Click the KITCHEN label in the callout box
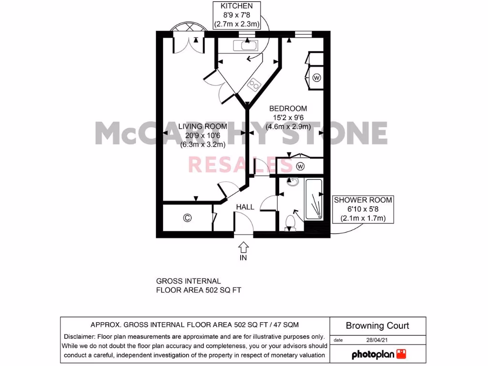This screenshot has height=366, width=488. pos(237,6)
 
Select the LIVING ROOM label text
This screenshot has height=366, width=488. pos(203,126)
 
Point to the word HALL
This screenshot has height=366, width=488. pos(245,207)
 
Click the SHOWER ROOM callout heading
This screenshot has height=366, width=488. pos(363,200)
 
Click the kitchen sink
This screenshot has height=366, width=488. pos(245,46)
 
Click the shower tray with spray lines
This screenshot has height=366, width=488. pos(314,200)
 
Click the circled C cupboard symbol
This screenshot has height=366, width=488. pos(187,218)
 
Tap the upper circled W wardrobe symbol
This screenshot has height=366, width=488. pos(317,77)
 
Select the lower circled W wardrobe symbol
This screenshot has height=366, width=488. pos(300,166)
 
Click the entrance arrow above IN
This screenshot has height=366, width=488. pos(244,246)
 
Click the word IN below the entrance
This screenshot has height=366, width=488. pos(244,258)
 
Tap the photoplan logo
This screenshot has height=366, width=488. pos(378,354)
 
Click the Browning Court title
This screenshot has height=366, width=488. pos(377,326)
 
